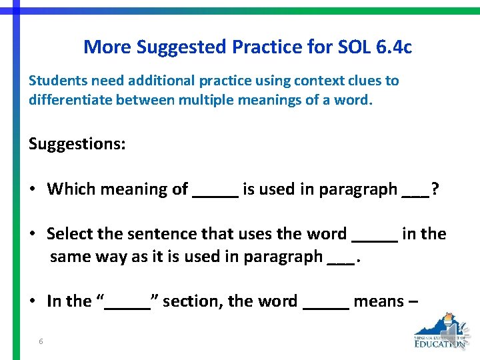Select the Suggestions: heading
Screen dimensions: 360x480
(x=77, y=143)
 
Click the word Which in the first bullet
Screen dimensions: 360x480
(x=70, y=189)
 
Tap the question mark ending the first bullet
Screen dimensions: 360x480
(x=435, y=189)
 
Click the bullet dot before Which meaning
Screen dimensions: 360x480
(x=32, y=189)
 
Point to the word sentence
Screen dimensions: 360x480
(x=159, y=233)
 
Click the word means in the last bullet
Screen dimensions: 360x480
(x=379, y=301)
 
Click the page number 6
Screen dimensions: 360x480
(x=41, y=341)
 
